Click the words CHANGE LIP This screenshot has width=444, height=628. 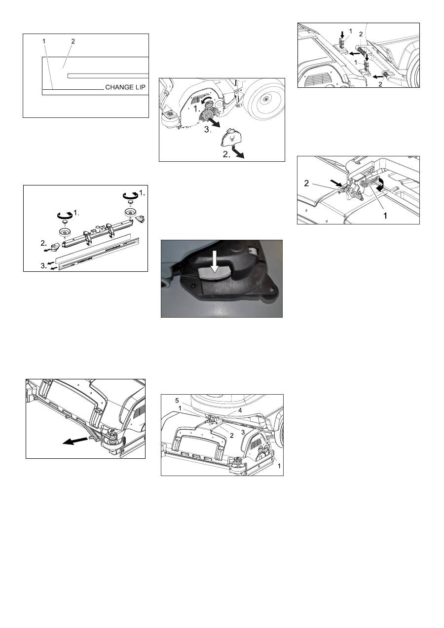point(125,87)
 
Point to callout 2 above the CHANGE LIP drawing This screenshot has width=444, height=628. point(73,41)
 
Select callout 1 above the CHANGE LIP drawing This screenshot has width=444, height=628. point(44,41)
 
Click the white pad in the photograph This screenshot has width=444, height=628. point(215,273)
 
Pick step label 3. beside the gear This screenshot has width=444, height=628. point(208,130)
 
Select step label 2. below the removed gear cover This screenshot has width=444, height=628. point(226,154)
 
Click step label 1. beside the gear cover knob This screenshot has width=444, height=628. point(197,109)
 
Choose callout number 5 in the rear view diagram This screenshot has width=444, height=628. point(177,401)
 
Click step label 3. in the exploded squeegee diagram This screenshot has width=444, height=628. point(44,265)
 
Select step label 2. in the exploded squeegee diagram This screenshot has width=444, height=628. point(44,243)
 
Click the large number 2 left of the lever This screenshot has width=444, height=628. point(306,184)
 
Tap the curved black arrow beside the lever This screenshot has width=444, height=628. point(380,185)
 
